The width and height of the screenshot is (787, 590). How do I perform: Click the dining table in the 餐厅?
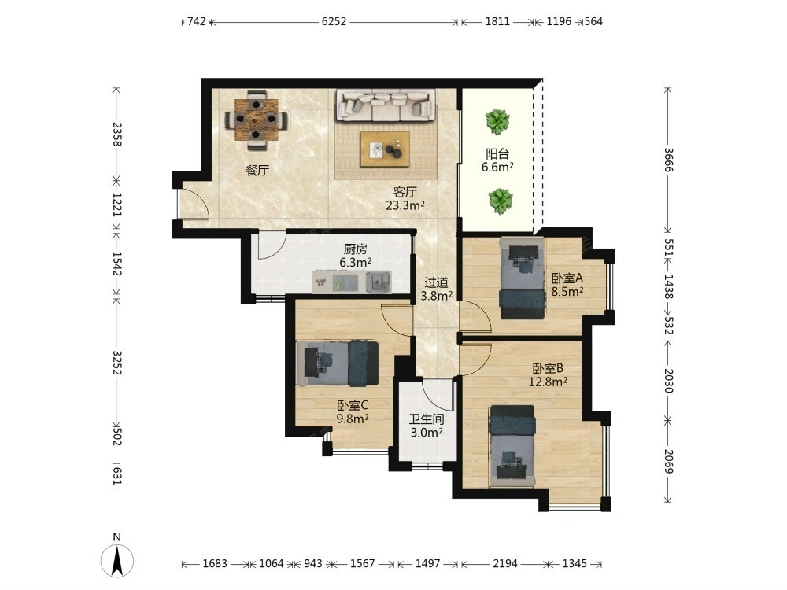(x=256, y=120)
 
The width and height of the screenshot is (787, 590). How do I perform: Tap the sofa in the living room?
(x=386, y=105)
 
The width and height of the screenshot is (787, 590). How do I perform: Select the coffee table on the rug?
(x=385, y=149)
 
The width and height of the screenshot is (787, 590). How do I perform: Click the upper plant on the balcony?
(x=497, y=122)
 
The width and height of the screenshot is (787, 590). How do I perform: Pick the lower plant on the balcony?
(x=501, y=201)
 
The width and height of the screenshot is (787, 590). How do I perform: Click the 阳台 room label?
(x=497, y=153)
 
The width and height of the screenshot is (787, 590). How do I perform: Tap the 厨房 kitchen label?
(x=356, y=249)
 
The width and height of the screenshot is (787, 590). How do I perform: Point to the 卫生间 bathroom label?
(x=426, y=419)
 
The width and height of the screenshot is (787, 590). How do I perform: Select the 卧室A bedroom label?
(x=567, y=278)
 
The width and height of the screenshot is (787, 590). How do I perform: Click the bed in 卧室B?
(x=512, y=445)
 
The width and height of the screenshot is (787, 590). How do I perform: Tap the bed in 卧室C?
(x=338, y=363)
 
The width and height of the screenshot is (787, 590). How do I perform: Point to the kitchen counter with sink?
(x=351, y=282)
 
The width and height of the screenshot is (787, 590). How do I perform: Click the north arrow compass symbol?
(x=117, y=560)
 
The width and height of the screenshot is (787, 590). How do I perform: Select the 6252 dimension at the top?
(x=334, y=21)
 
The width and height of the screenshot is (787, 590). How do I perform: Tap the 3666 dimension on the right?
(x=668, y=160)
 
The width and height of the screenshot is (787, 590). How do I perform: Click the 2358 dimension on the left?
(x=116, y=134)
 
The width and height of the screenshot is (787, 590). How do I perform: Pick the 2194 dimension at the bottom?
(x=505, y=563)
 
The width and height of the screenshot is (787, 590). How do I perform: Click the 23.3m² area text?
(x=405, y=205)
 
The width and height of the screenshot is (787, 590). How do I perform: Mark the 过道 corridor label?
(x=436, y=282)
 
